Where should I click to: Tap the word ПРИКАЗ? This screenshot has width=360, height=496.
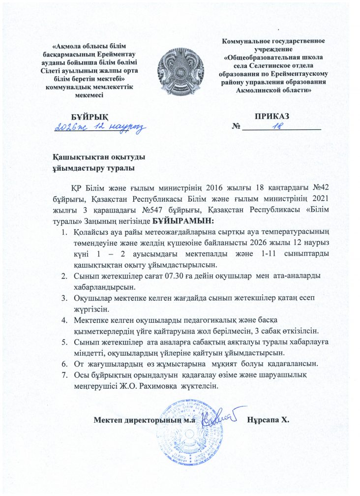click(x=271, y=116)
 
